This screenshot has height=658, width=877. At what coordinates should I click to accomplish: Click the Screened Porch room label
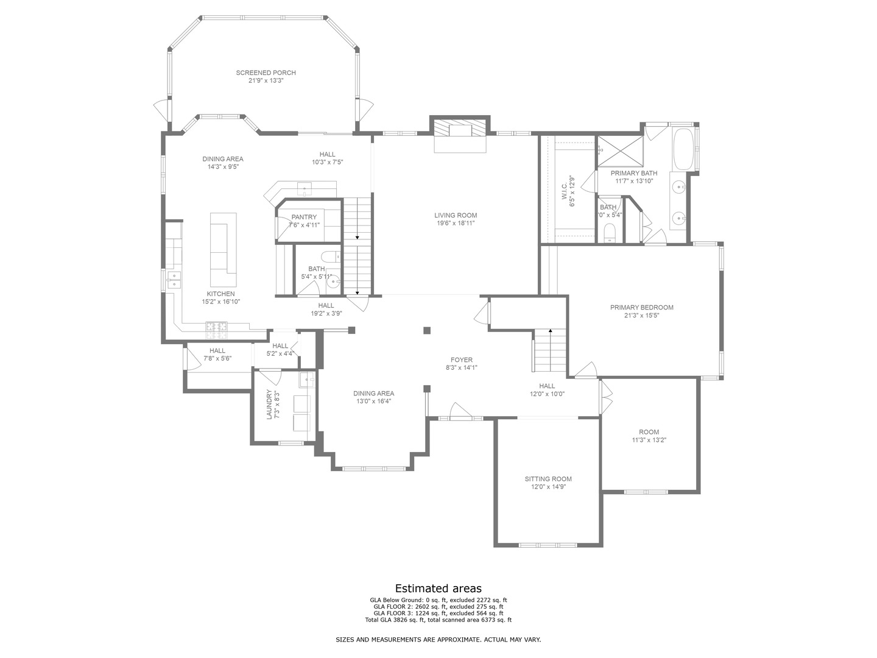[266, 73]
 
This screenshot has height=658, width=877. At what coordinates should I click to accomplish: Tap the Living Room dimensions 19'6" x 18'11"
[455, 224]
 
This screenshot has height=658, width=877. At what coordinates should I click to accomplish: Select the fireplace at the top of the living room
[460, 129]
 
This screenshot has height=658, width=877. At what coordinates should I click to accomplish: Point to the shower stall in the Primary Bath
[619, 150]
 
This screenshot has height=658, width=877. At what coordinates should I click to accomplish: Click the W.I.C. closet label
[564, 192]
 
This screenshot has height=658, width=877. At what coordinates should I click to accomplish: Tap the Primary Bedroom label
[641, 308]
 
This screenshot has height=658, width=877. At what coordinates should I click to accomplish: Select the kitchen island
[223, 250]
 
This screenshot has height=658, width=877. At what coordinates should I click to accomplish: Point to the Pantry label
[304, 218]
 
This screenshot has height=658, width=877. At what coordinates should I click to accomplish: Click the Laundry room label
[269, 405]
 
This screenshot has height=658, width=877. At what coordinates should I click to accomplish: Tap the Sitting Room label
[548, 479]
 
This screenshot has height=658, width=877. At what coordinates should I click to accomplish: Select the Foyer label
[461, 360]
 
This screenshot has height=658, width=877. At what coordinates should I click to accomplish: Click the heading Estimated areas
[438, 589]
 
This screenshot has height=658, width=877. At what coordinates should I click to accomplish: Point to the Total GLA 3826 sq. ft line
[438, 620]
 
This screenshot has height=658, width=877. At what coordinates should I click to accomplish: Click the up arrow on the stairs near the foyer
[551, 331]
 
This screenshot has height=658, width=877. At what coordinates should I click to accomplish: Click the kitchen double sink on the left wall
[174, 280]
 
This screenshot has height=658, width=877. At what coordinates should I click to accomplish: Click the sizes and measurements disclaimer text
[438, 640]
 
